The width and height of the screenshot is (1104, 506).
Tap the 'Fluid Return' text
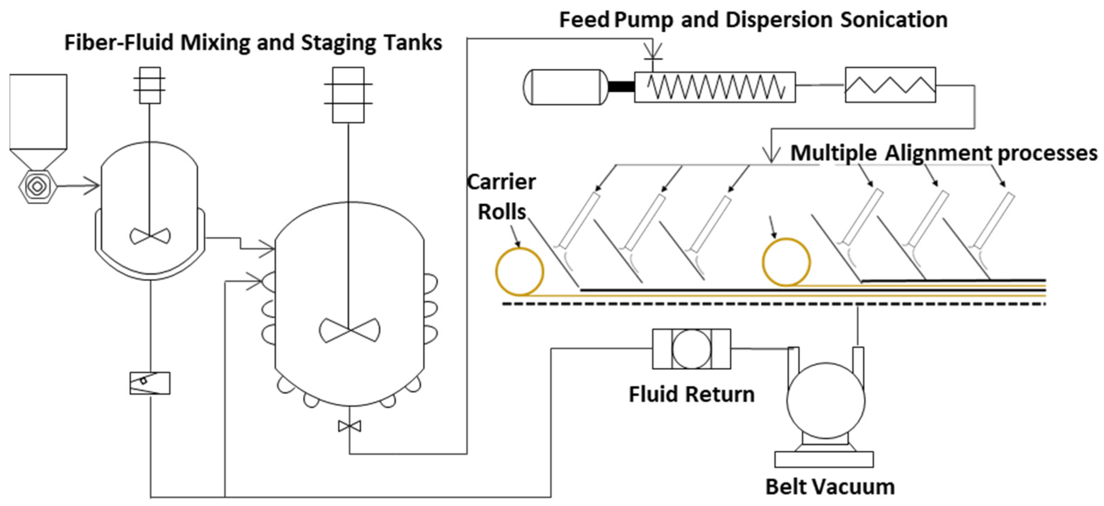pyautogui.click(x=691, y=394)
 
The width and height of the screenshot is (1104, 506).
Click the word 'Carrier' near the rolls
pyautogui.click(x=501, y=182)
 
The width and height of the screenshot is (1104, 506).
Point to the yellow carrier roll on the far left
pyautogui.click(x=520, y=271)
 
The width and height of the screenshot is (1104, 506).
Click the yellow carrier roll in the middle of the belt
pyautogui.click(x=786, y=262)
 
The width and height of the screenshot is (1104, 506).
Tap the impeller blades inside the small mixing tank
pyautogui.click(x=150, y=236)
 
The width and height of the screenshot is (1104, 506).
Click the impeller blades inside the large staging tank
pyautogui.click(x=349, y=330)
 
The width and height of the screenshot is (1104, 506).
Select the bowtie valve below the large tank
pyautogui.click(x=349, y=426)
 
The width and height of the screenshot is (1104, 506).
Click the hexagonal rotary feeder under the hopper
pyautogui.click(x=37, y=186)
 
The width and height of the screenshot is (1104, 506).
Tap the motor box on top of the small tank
pyautogui.click(x=150, y=85)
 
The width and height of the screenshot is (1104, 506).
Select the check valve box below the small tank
pyautogui.click(x=150, y=383)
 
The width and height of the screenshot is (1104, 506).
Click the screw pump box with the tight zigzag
pyautogui.click(x=714, y=87)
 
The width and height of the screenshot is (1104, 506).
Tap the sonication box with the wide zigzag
pyautogui.click(x=890, y=85)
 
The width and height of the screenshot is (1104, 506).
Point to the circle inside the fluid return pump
pyautogui.click(x=691, y=349)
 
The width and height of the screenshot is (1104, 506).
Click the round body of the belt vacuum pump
pyautogui.click(x=826, y=400)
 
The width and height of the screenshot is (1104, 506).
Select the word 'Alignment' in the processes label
pyautogui.click(x=938, y=153)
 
